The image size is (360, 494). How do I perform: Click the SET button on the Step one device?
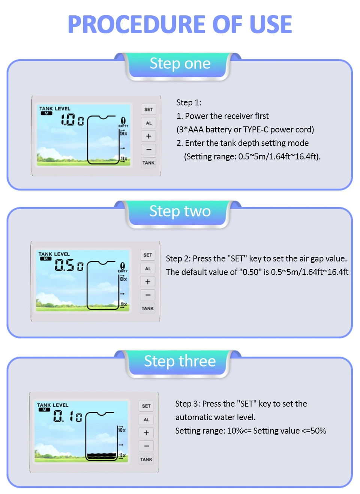pyautogui.click(x=148, y=110)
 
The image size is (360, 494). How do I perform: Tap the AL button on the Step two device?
pyautogui.click(x=148, y=269)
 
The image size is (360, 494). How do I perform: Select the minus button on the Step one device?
pyautogui.click(x=148, y=150)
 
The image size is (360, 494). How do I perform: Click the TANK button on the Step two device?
pyautogui.click(x=147, y=308)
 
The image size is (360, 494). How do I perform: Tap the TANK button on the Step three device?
pyautogui.click(x=146, y=459)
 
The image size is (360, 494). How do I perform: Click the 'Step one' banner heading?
pyautogui.click(x=180, y=64)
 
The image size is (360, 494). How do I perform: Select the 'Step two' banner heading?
pyautogui.click(x=180, y=211)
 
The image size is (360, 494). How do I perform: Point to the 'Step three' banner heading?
pyautogui.click(x=180, y=361)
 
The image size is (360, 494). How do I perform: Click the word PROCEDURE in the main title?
pyautogui.click(x=136, y=24)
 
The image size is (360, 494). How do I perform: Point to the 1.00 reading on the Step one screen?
pyautogui.click(x=72, y=120)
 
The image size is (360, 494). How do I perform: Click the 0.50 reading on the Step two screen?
pyautogui.click(x=69, y=265)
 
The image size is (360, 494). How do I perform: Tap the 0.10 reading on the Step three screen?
pyautogui.click(x=67, y=416)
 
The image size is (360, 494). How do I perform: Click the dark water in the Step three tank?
pyautogui.click(x=102, y=456)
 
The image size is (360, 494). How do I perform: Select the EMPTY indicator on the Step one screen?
pyautogui.click(x=123, y=122)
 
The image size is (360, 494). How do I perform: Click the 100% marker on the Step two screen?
pyautogui.click(x=123, y=279)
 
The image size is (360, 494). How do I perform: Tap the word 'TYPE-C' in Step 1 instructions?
pyautogui.click(x=256, y=129)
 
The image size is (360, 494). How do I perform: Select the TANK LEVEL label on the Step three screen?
pyautogui.click(x=53, y=405)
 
